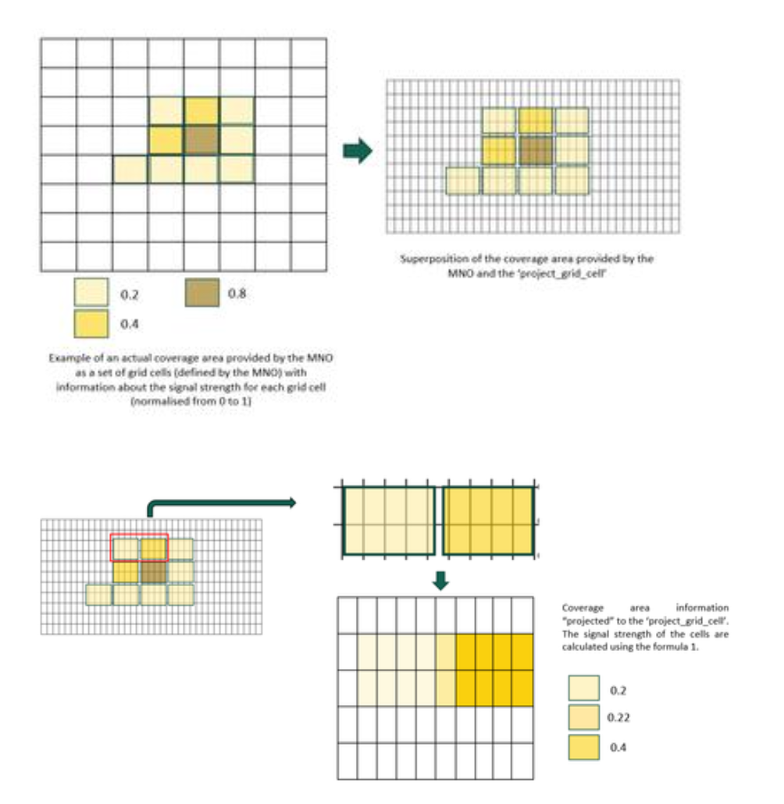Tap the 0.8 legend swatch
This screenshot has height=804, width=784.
(x=201, y=293)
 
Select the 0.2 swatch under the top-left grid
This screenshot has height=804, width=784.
(x=91, y=293)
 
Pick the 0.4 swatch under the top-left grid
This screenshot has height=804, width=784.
(x=91, y=322)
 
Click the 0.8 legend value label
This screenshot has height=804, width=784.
(x=237, y=294)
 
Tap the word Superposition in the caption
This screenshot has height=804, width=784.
(x=429, y=259)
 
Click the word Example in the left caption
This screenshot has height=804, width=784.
(x=67, y=358)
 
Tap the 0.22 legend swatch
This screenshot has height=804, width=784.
(x=584, y=717)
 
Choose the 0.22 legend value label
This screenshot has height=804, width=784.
(x=618, y=717)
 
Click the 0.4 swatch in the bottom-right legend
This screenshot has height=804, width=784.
(x=584, y=746)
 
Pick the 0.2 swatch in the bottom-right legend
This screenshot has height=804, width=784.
(x=584, y=689)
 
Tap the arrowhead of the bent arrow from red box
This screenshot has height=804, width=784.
(x=290, y=503)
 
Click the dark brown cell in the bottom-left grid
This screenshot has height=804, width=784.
(x=152, y=574)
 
